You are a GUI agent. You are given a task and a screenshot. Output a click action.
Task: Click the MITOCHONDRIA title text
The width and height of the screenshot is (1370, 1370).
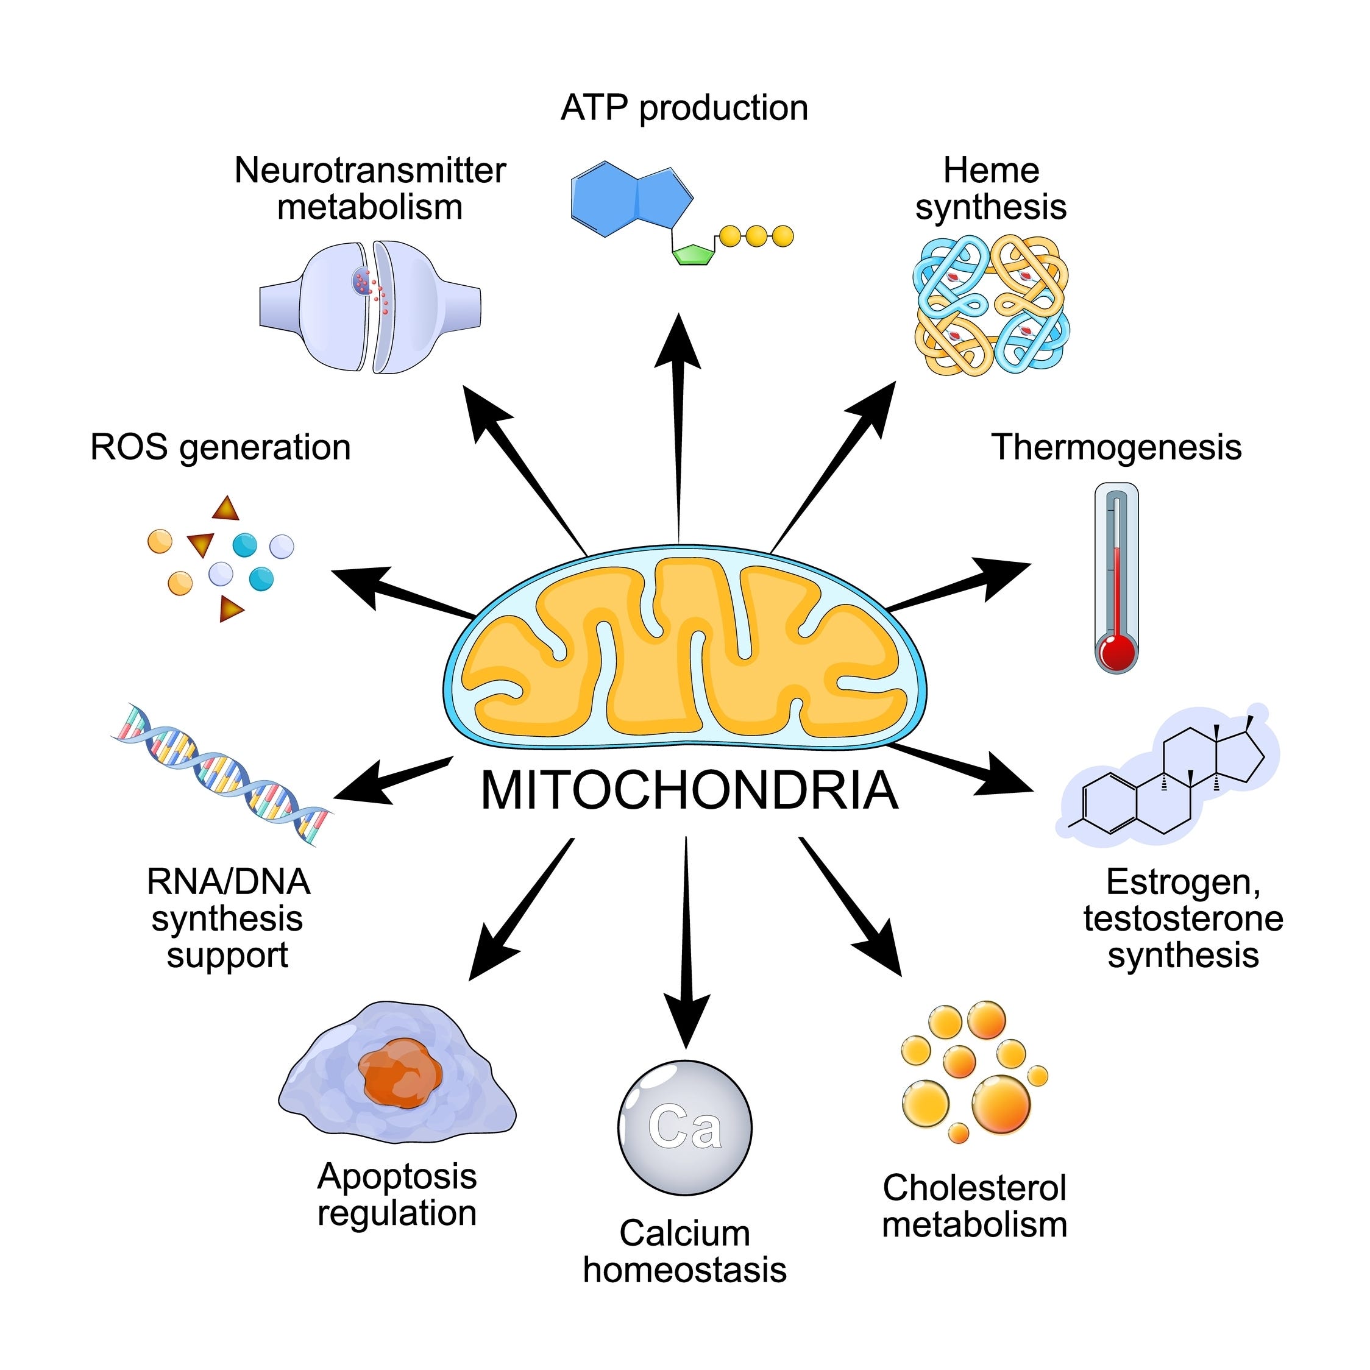[x=689, y=790]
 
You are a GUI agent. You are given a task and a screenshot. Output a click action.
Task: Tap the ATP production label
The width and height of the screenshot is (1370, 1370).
[x=684, y=108]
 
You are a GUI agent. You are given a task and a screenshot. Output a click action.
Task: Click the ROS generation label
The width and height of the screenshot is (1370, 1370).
[x=221, y=447]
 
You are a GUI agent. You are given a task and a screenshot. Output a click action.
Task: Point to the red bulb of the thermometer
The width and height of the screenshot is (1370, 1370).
[x=1116, y=651]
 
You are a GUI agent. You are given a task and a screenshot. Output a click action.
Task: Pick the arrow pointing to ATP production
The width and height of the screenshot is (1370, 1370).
[x=679, y=425]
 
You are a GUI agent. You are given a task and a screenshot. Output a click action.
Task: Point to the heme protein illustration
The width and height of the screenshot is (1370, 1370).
[x=992, y=305]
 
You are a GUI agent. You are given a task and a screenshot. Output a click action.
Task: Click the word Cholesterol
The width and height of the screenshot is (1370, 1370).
[x=974, y=1188]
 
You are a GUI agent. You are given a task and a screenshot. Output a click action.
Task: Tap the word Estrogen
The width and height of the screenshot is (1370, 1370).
[x=1182, y=882]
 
